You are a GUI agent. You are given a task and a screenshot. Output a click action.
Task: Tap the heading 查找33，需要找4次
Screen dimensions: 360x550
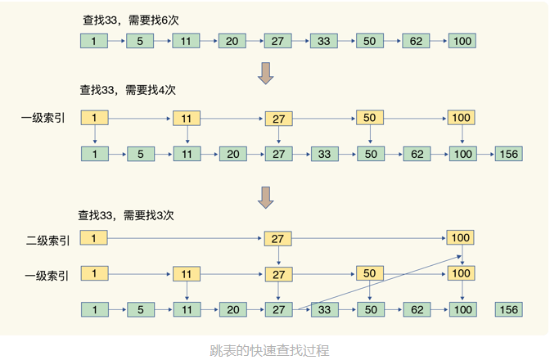pos(128,89)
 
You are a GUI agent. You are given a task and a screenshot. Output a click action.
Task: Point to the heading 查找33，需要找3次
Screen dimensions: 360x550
pos(126,216)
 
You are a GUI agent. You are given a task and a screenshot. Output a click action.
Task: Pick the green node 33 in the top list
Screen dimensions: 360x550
pos(324,41)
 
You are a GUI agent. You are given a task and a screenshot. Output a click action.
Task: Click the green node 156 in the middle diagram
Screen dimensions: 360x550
pos(508,153)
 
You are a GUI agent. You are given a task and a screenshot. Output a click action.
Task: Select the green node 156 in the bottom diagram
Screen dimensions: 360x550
pos(508,309)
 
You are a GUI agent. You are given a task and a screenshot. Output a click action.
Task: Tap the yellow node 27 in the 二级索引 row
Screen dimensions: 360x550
pos(278,239)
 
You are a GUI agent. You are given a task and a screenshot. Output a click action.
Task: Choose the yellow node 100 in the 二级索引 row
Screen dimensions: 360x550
pos(461,238)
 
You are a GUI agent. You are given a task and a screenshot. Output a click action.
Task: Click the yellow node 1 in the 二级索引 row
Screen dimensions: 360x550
pos(94,238)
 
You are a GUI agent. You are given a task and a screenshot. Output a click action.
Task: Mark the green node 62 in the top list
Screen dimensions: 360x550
pos(416,41)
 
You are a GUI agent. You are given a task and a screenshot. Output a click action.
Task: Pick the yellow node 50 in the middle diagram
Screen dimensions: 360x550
pos(370,119)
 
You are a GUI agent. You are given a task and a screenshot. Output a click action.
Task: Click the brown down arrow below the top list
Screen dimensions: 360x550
pos(265,72)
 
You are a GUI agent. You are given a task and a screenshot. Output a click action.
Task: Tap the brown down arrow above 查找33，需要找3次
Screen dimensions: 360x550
pos(265,196)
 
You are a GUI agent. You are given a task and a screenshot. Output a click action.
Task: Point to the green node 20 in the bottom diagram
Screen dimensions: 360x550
pos(232,309)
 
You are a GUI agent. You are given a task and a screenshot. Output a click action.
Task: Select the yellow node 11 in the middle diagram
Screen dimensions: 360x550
pos(187,119)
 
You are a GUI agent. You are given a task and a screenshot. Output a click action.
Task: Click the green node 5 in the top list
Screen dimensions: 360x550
pos(140,41)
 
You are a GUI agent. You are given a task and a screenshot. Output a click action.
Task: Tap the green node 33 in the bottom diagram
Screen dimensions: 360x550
pos(324,309)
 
